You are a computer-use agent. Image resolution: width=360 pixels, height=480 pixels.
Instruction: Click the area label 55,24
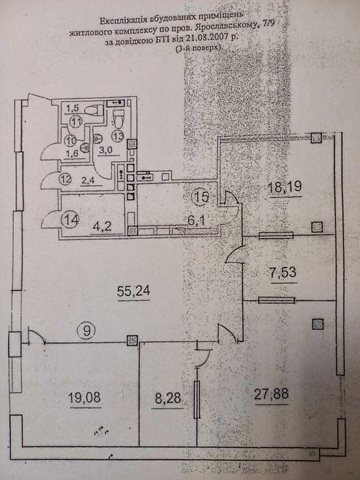coord(134,291)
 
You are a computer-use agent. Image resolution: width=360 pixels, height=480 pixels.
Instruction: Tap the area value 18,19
coord(285,187)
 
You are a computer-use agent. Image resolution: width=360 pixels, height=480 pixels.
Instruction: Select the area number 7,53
coord(283,272)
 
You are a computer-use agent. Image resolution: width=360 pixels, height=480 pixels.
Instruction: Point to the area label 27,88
coord(272,394)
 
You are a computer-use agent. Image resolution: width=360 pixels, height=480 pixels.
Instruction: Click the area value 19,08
coord(84,398)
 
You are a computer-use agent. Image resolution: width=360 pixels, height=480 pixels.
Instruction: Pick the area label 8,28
coord(168,398)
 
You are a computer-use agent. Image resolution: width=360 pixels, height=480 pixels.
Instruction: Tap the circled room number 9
coord(87,331)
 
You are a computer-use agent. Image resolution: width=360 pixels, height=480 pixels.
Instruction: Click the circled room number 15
coord(201,197)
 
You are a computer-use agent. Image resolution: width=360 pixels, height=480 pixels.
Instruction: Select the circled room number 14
coord(71,219)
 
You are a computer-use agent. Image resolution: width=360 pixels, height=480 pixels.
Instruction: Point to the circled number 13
coord(117,136)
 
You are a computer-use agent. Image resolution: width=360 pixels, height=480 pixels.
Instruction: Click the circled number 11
coord(75,121)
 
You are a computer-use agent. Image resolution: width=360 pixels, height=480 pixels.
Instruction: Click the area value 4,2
coord(102,226)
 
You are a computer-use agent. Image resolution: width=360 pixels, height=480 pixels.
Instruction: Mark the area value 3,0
coord(106,150)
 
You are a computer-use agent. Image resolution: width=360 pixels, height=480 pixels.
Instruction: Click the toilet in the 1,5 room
coord(95,110)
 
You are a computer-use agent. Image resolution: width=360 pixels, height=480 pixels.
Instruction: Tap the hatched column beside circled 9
coord(132,340)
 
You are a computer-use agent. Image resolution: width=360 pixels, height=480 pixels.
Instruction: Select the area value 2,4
coord(88,180)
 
